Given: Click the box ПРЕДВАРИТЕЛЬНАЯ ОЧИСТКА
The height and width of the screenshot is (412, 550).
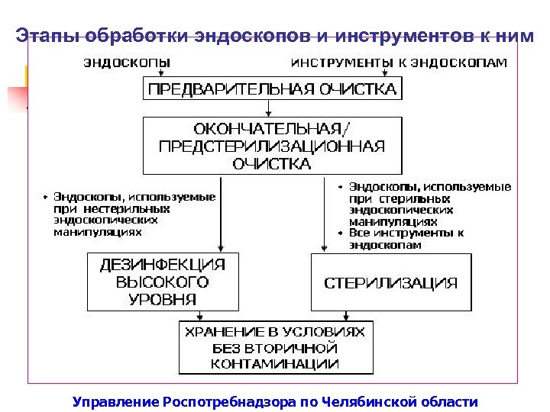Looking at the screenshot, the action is [x=272, y=89].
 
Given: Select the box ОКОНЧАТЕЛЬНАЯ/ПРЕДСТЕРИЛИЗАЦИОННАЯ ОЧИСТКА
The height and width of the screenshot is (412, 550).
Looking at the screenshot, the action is [x=272, y=145].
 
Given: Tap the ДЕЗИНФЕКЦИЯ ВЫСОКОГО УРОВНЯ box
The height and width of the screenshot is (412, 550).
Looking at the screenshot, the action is [x=163, y=282].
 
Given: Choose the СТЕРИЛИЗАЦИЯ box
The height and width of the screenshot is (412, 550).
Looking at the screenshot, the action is [x=390, y=283].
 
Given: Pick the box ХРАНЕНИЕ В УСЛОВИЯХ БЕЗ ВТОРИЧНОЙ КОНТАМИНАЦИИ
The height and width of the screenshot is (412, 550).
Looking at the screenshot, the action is [x=275, y=348].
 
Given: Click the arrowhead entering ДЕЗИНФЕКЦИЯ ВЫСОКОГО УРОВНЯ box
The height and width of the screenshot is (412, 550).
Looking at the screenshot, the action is [x=221, y=247].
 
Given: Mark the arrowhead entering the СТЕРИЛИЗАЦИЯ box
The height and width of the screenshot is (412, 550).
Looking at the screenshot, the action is [x=324, y=247].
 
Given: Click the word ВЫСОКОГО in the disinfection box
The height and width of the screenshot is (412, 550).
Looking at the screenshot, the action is [x=163, y=282].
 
